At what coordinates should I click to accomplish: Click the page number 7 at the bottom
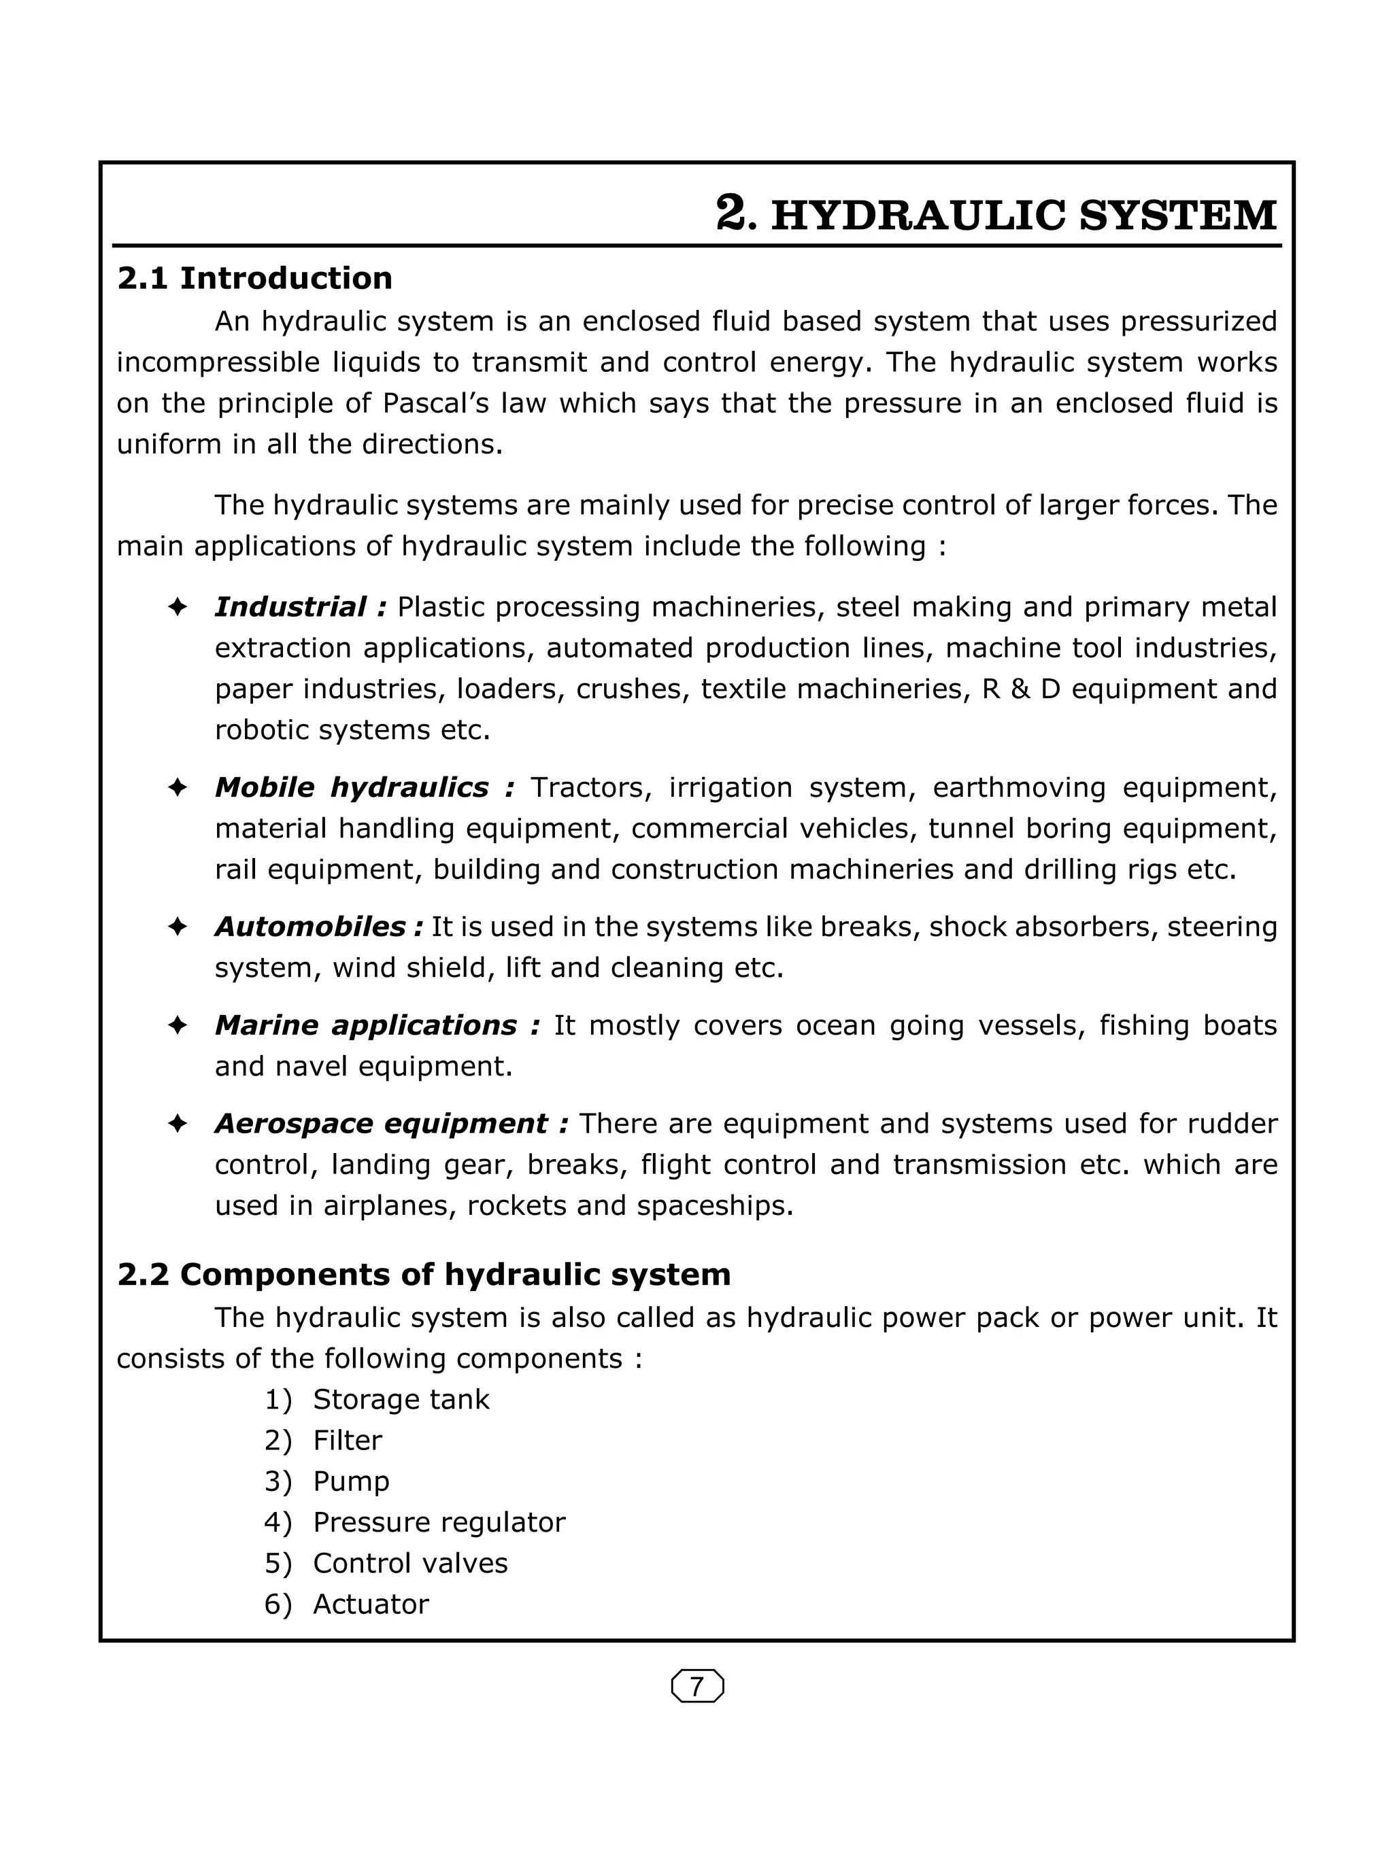coord(696,1686)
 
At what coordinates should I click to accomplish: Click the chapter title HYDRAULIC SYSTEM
coord(1024,216)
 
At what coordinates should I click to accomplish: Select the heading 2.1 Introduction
coord(254,278)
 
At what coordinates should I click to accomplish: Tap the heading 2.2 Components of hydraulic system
coord(424,1274)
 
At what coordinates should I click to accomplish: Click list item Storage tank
coord(401,1399)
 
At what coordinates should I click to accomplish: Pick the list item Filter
coord(347,1441)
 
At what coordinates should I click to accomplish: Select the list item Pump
coord(351,1481)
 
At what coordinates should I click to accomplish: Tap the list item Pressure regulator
coord(439,1522)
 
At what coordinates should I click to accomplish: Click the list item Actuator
coord(371,1604)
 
